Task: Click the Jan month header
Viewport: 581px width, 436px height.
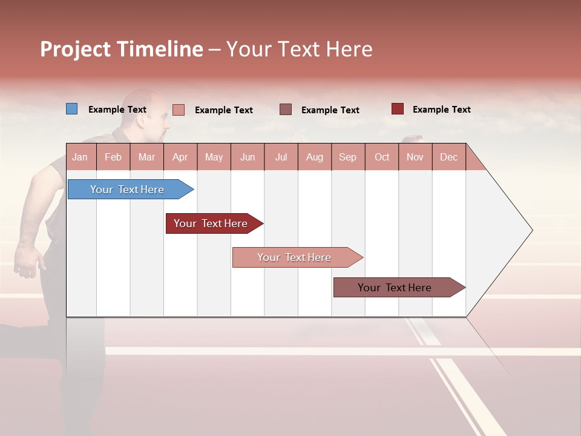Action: [80, 157]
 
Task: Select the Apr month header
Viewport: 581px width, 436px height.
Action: [180, 157]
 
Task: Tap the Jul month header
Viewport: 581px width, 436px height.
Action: [281, 157]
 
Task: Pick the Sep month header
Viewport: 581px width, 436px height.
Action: [347, 157]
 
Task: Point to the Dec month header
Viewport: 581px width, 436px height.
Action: [448, 157]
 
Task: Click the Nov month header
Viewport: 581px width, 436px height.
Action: [415, 157]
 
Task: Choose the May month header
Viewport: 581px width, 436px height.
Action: [214, 157]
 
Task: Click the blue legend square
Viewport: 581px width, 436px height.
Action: [72, 109]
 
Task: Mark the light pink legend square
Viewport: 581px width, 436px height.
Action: [179, 110]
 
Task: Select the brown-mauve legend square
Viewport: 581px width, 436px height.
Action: [286, 109]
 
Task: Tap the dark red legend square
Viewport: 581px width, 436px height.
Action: [398, 109]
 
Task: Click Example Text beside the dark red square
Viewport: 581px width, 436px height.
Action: [441, 110]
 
